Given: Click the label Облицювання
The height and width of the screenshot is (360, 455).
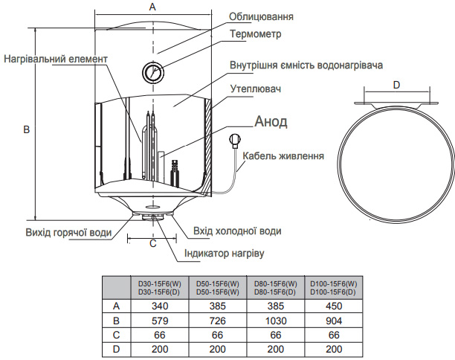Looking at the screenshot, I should [261, 16].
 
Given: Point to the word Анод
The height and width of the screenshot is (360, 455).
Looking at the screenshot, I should [271, 121].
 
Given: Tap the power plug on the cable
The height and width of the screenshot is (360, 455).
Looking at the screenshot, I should [236, 138].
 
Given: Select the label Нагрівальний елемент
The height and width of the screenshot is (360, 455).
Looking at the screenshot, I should [56, 59].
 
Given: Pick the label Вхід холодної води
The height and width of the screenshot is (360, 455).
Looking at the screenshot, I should [236, 231].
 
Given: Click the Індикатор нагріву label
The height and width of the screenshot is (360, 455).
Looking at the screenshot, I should [224, 253].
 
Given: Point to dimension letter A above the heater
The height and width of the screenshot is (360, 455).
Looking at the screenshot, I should [152, 7].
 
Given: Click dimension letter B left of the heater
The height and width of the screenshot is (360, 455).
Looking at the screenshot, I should [26, 129].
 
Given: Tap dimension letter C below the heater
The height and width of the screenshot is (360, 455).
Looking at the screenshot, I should [152, 242].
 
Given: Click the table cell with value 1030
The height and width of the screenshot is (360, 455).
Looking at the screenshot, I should [276, 320].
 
